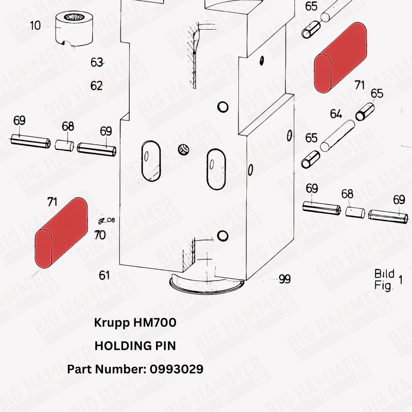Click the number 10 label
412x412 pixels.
[35, 25]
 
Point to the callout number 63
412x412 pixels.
[97, 62]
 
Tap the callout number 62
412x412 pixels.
[96, 85]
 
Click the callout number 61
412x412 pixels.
[104, 276]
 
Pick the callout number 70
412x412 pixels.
[100, 235]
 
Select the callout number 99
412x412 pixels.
[284, 279]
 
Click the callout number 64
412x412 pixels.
[336, 113]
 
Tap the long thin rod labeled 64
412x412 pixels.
[338, 135]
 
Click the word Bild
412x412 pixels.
[384, 273]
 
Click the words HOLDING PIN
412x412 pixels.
[135, 346]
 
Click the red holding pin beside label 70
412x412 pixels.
[60, 232]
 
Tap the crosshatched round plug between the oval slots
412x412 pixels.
[183, 149]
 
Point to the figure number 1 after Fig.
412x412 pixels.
[401, 280]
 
